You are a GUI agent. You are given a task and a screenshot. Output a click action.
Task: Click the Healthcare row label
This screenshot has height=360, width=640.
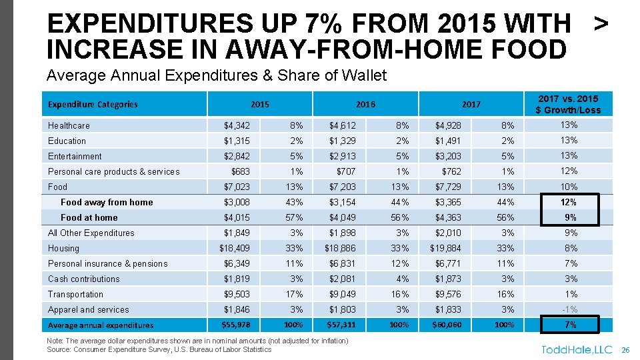[69, 125]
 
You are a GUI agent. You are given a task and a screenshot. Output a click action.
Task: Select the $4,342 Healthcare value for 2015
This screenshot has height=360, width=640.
[237, 125]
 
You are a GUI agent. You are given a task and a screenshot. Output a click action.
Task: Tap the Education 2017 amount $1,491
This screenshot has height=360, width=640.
[448, 141]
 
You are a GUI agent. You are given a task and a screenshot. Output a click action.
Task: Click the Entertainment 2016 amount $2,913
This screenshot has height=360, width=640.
[343, 156]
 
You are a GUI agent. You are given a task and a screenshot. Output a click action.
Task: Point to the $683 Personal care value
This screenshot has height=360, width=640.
[241, 171]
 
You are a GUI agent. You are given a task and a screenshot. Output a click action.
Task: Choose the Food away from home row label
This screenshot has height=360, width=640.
[107, 202]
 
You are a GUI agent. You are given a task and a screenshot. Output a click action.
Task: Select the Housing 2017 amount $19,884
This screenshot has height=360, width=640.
[445, 248]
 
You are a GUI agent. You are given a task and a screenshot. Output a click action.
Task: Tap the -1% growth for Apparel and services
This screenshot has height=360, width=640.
[569, 309]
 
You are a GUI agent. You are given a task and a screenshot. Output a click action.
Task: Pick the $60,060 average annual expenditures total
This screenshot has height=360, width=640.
[445, 325]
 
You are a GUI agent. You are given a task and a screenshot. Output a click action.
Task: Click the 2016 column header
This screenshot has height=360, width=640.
[365, 104]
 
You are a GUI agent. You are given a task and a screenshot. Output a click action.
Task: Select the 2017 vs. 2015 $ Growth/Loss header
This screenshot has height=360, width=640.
[569, 105]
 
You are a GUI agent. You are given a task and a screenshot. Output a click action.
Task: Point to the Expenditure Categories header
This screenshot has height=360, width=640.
[93, 104]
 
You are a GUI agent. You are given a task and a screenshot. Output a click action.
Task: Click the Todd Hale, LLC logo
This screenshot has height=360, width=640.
[577, 349]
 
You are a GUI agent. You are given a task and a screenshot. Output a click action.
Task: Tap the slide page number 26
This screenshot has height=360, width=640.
[625, 349]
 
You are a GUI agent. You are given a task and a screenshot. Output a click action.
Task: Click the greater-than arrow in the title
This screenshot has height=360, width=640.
[601, 24]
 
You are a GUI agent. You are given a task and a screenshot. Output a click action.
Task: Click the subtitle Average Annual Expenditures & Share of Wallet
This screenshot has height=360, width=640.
[217, 75]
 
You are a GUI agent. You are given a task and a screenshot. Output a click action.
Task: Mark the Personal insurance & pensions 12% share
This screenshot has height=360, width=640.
[401, 263]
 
